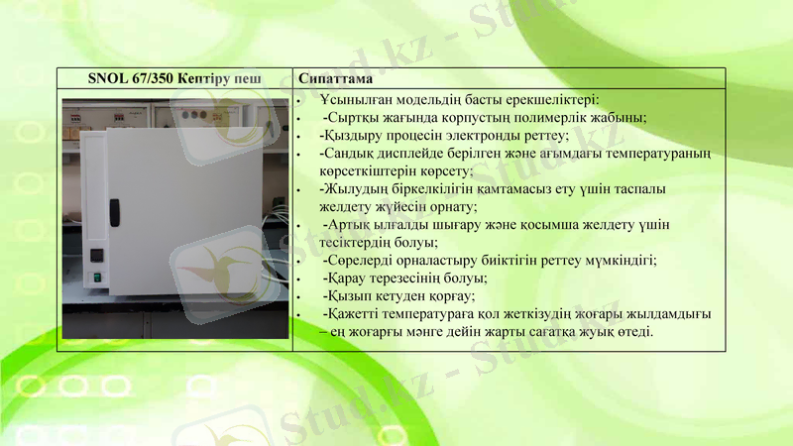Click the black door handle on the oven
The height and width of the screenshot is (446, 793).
[x=114, y=210]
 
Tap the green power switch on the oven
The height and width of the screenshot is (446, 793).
[x=97, y=277]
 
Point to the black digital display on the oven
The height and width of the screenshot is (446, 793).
[x=97, y=254]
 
